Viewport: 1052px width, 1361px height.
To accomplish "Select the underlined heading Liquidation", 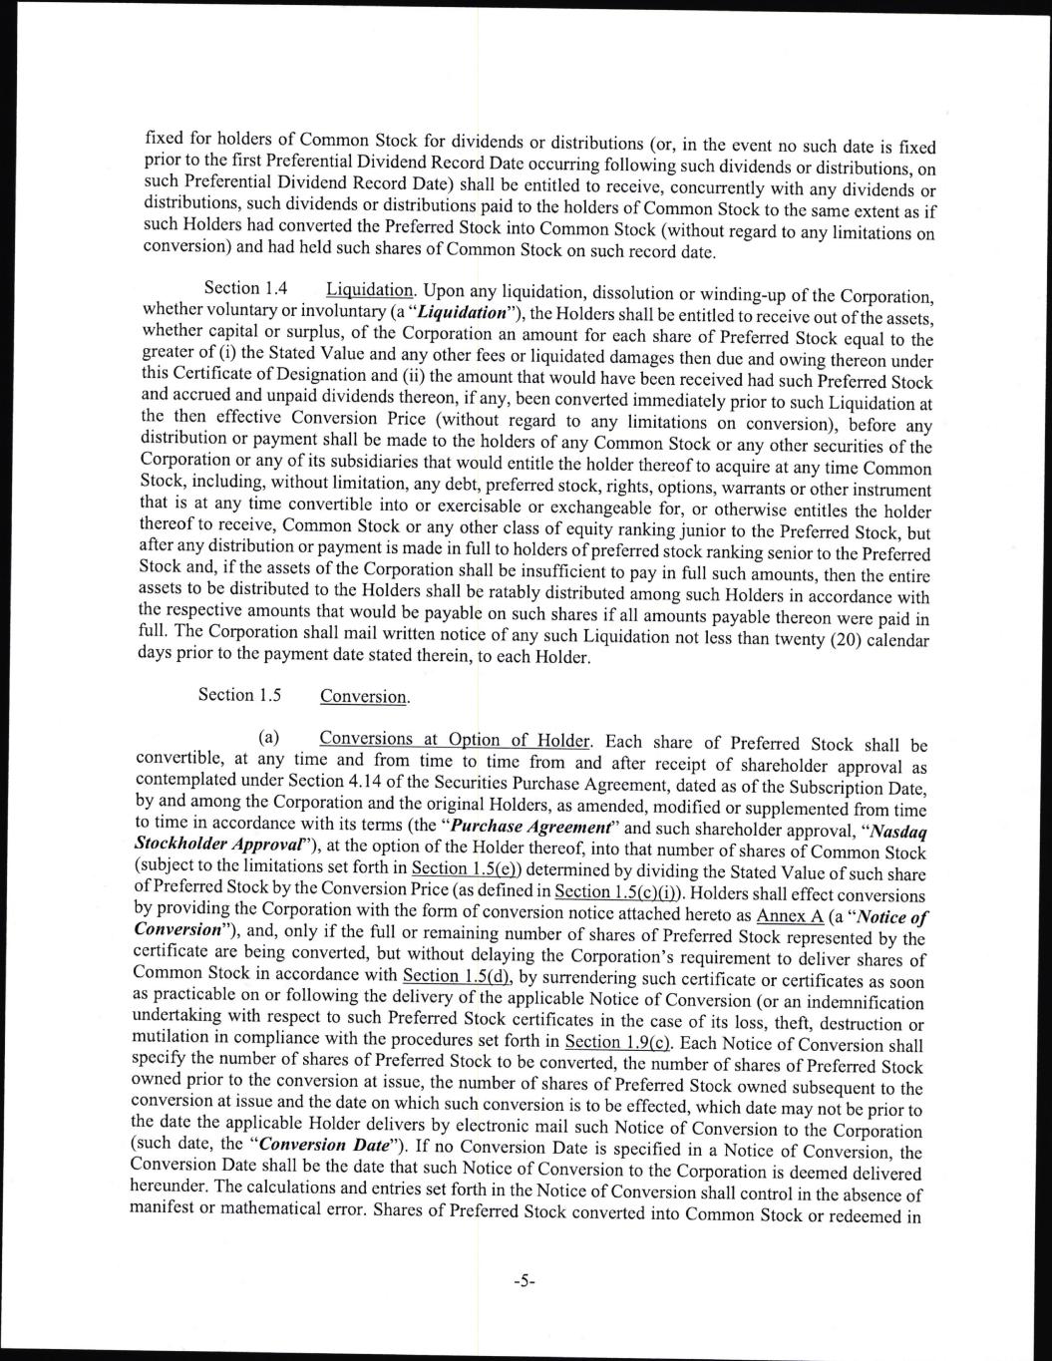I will click(369, 290).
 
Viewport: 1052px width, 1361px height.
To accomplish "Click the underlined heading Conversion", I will click(364, 696).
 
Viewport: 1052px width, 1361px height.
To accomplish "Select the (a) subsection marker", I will click(268, 739).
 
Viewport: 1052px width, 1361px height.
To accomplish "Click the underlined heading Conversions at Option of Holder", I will click(456, 740).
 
